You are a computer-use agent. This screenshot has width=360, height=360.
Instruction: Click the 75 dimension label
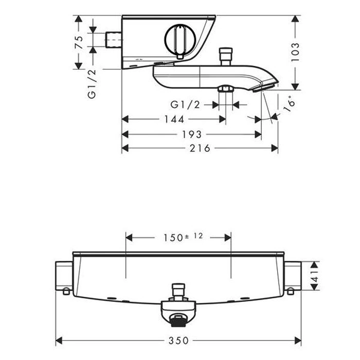[79, 42]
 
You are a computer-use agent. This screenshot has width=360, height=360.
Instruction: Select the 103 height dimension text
[295, 52]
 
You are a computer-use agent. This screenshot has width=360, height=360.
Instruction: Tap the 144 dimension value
[174, 119]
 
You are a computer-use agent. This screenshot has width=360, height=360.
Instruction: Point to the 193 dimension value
[192, 134]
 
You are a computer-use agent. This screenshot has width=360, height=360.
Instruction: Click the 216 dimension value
[200, 148]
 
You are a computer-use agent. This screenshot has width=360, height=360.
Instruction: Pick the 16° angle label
[289, 104]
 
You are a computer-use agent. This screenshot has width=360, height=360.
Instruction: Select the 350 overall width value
[178, 340]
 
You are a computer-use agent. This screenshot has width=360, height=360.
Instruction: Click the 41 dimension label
[315, 276]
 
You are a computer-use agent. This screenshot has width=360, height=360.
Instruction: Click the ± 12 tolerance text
[193, 236]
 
